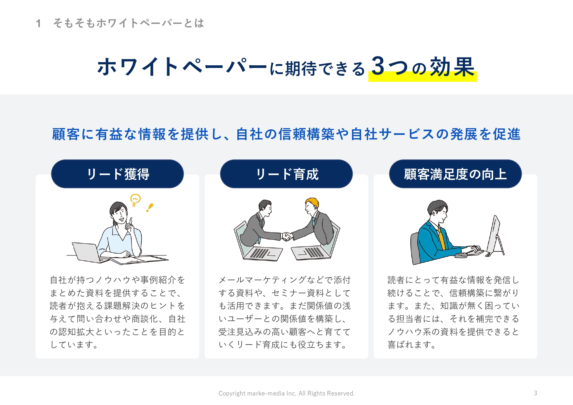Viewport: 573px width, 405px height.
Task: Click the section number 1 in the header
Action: pos(39,24)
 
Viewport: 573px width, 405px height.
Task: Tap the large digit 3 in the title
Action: pos(378,66)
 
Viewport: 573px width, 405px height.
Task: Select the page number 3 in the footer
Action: pos(535,393)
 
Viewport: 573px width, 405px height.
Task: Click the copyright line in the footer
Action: pos(286,393)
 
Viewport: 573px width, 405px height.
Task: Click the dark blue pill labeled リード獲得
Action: pos(118,174)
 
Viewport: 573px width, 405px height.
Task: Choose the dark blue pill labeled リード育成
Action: pos(286,174)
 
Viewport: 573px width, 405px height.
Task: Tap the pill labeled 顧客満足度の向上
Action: pos(455,174)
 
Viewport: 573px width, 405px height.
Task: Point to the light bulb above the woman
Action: pos(135,200)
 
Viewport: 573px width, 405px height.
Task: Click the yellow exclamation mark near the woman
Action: pos(150,208)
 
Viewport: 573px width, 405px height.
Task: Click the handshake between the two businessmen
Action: pos(286,236)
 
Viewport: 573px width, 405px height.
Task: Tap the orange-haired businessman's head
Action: pos(312,205)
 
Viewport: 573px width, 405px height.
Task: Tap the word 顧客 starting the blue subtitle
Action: pos(66,134)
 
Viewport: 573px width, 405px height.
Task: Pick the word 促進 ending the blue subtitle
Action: pos(506,134)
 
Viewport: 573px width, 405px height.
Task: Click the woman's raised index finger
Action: pos(131,221)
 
